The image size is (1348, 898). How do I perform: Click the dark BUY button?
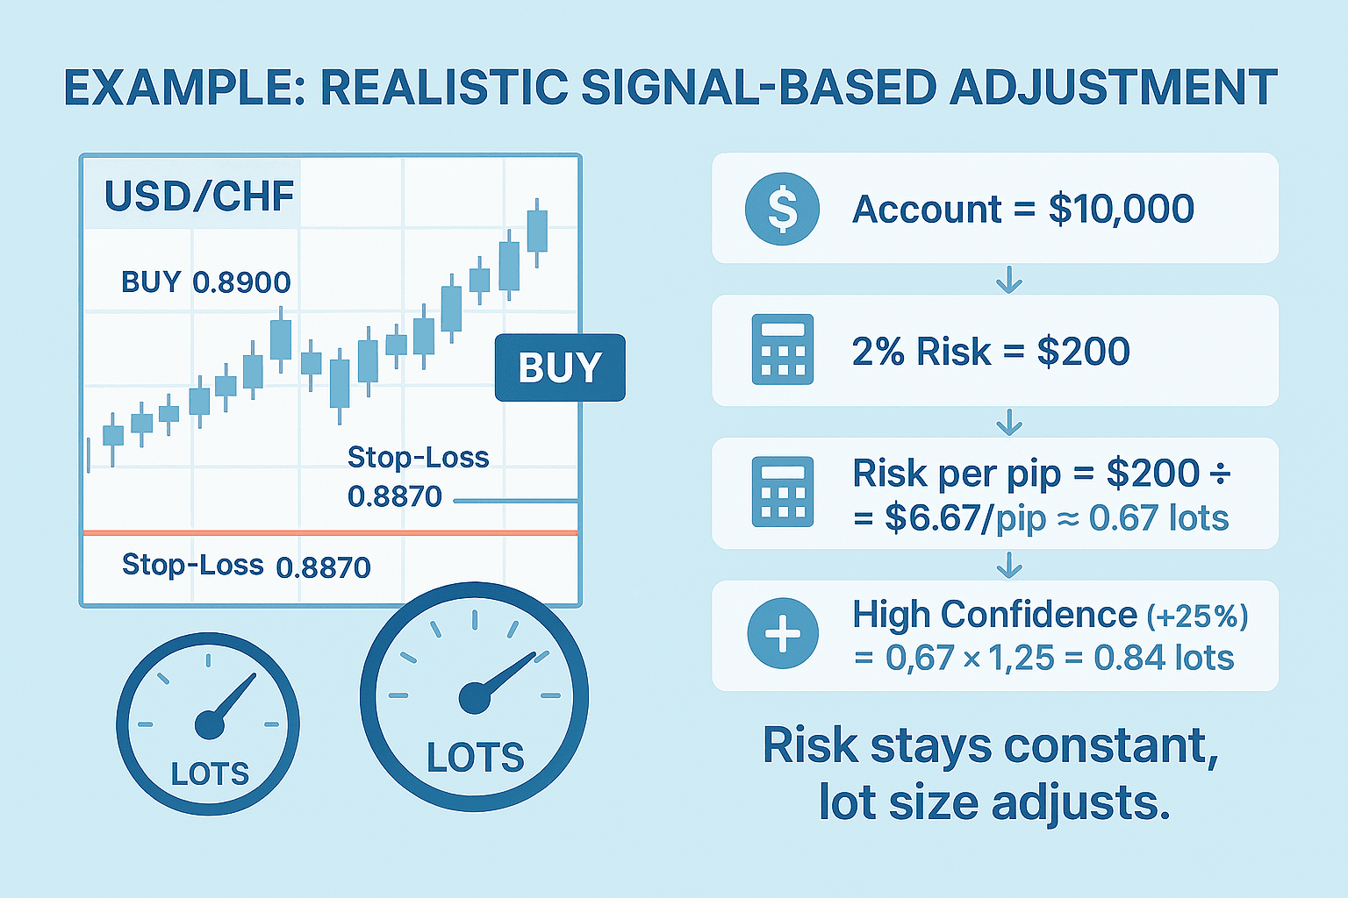tap(560, 367)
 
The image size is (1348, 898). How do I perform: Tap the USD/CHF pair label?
tap(199, 196)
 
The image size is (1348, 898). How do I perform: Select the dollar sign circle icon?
tap(782, 209)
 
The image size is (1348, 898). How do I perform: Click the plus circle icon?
tap(782, 633)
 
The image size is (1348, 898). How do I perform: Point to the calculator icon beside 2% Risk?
tap(782, 349)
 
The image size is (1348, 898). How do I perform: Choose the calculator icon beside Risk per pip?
tap(782, 492)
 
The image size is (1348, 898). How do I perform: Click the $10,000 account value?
tap(1121, 210)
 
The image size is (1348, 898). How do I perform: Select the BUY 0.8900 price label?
tap(206, 282)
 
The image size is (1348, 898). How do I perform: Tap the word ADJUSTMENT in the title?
tap(1113, 88)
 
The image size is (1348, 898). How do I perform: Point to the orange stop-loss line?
tap(330, 533)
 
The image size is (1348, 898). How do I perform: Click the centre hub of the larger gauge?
tap(475, 698)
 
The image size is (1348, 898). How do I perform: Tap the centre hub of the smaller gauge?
tap(210, 724)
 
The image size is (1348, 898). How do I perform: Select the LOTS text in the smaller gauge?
tap(210, 773)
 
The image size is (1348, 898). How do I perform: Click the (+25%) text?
tap(1198, 616)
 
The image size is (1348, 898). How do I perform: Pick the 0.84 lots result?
tap(1164, 658)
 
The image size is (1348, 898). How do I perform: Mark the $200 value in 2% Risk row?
tap(1083, 352)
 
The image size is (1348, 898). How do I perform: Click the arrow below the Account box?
tap(1009, 280)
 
